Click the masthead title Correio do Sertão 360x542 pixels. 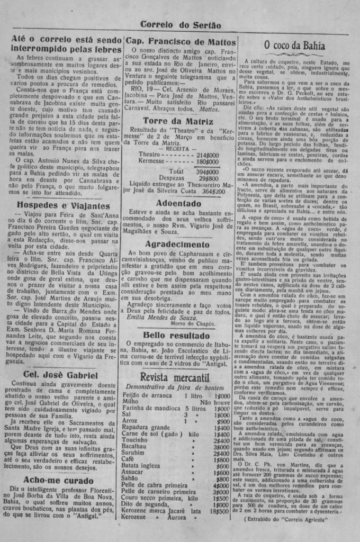181,25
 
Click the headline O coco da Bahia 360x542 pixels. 294,46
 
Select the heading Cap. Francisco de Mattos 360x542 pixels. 181,41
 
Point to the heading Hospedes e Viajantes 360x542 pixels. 64,205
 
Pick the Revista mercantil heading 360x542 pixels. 175,376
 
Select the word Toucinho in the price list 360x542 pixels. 135,440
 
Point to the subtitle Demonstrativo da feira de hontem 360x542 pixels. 175,387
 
